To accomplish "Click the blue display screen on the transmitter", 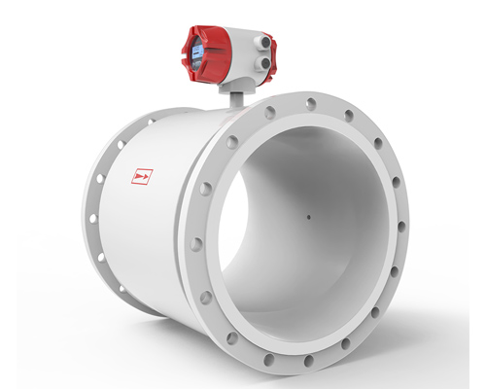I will click(194, 52).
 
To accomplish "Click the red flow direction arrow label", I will click(142, 177).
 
